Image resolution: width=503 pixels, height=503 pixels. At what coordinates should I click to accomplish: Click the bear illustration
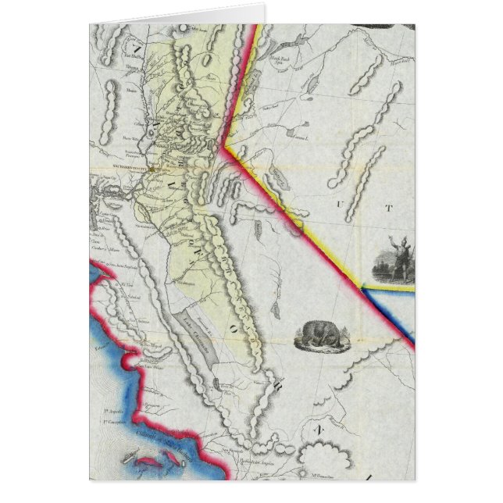(x=319, y=335)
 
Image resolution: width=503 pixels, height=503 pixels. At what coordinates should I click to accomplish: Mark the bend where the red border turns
(x=224, y=146)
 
